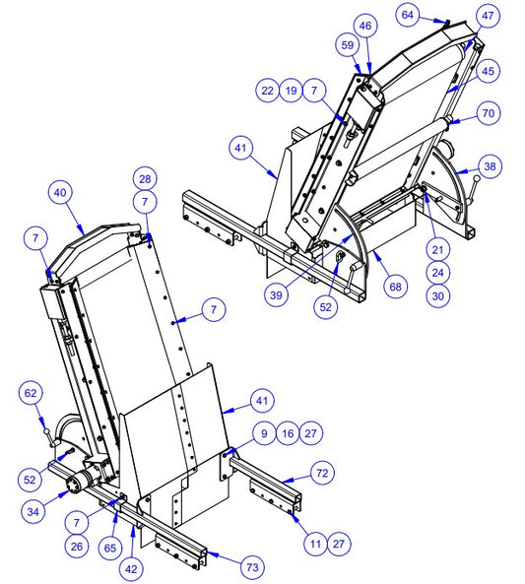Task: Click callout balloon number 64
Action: (407, 15)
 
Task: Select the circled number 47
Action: (488, 16)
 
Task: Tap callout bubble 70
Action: (489, 113)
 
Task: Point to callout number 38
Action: (490, 166)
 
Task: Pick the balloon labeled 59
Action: (348, 45)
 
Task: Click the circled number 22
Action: (268, 91)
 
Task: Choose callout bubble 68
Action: (395, 287)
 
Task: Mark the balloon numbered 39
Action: (276, 295)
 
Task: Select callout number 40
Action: (60, 193)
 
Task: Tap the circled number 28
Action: (145, 179)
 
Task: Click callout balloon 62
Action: (31, 393)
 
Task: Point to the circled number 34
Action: (33, 512)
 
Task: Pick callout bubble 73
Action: (252, 567)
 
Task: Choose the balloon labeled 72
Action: (322, 473)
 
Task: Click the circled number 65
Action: (110, 549)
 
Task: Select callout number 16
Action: (288, 433)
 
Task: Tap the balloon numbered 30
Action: (437, 296)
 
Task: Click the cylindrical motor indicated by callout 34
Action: (83, 482)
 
